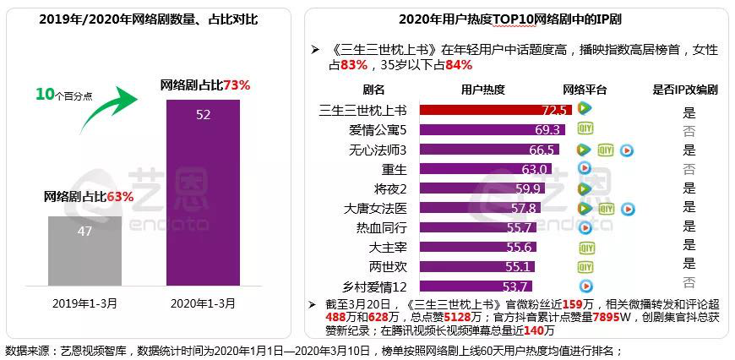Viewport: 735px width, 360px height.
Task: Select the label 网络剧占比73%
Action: tap(205, 85)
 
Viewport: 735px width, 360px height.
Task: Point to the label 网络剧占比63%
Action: tap(89, 197)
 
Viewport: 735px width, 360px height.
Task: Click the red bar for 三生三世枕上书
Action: tap(495, 109)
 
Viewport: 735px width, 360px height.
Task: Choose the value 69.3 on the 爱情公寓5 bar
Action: tap(548, 129)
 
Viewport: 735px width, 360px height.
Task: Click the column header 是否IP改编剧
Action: tap(685, 90)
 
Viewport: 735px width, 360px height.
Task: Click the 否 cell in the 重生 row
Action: tap(689, 169)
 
